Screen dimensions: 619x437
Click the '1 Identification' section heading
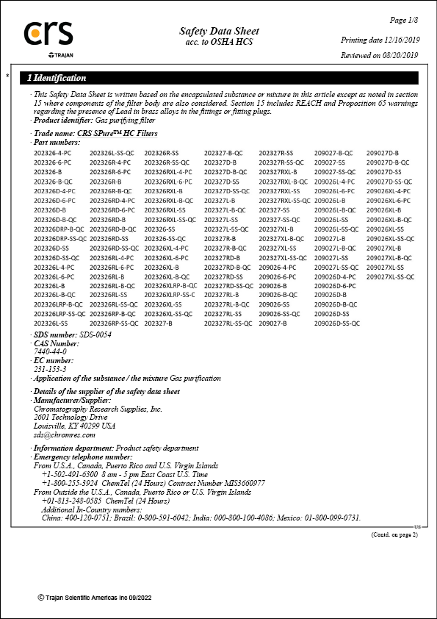57,78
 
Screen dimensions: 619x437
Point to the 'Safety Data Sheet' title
219,31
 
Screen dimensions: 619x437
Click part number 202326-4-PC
53,152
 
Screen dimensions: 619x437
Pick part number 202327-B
159,323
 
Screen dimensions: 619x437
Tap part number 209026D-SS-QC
337,323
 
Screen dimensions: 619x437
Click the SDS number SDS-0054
97,334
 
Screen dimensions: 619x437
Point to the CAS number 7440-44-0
50,351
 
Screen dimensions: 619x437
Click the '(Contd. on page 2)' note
394,534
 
